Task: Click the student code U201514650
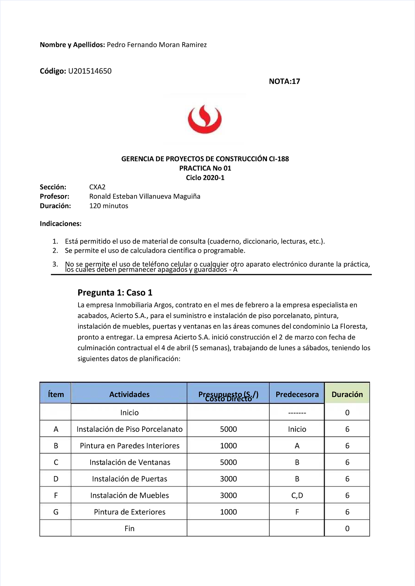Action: pos(90,71)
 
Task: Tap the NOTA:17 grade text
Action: pos(284,82)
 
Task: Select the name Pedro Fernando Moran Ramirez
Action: pos(157,45)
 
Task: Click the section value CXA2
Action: pos(97,187)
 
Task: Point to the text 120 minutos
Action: pos(109,206)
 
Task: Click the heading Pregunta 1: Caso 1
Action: pos(115,293)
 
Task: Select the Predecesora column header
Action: pos(297,394)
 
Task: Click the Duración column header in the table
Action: pos(347,394)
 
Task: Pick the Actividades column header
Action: pos(129,394)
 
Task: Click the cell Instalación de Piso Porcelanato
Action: pos(129,429)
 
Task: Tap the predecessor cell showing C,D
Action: pos(297,496)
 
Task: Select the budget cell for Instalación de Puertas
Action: pos(228,479)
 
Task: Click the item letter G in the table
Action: pos(56,512)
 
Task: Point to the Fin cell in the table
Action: pos(129,529)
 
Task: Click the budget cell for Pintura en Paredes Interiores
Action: pos(228,446)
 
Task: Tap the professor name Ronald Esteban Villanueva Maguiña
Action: pos(145,197)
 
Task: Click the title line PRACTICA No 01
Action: pos(205,168)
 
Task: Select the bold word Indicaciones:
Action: pos(61,224)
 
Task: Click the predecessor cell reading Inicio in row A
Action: pos(297,429)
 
